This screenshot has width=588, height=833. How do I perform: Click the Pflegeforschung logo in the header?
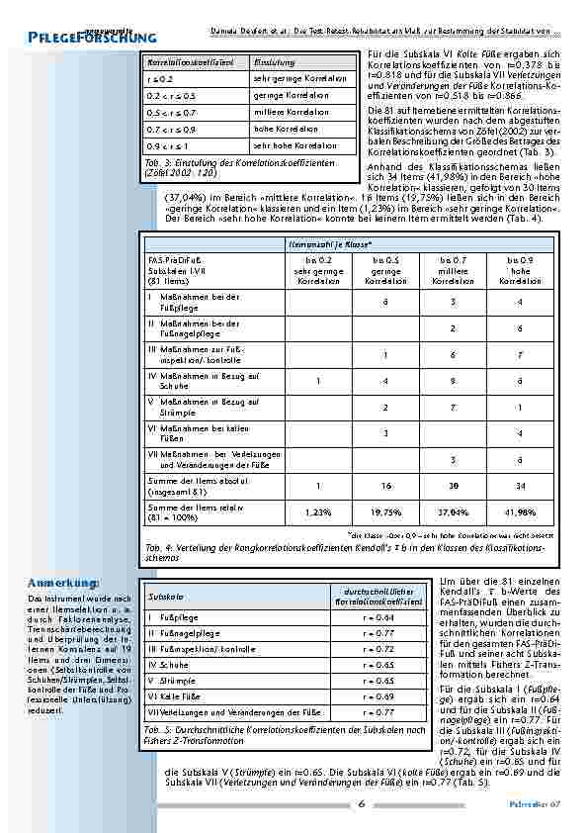coord(79,35)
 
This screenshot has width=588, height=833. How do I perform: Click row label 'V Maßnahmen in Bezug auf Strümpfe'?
coord(198,407)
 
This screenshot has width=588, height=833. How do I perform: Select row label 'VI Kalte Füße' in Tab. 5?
coord(178,696)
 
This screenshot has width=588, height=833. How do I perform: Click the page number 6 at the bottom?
coord(363,803)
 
